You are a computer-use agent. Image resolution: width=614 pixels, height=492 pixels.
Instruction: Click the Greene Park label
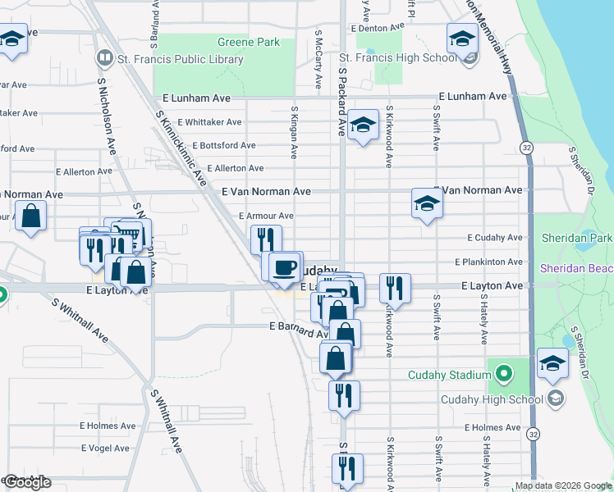[248, 43]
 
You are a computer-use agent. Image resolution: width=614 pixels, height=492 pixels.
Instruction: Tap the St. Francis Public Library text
[181, 59]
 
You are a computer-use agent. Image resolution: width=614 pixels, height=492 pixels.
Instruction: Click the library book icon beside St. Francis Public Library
[104, 58]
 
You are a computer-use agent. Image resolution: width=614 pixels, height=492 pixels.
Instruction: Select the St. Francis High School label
[398, 57]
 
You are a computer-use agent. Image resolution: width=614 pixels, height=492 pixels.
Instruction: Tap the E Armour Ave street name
[266, 216]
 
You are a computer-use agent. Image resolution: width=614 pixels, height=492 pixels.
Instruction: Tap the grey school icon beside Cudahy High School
[555, 399]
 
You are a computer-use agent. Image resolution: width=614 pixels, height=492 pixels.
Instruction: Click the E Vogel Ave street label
[104, 448]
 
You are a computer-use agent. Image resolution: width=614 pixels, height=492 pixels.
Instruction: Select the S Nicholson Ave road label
[107, 115]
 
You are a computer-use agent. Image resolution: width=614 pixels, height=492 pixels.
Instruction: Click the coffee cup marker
[285, 268]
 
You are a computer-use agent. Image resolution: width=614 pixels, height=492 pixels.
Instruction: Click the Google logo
[27, 482]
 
